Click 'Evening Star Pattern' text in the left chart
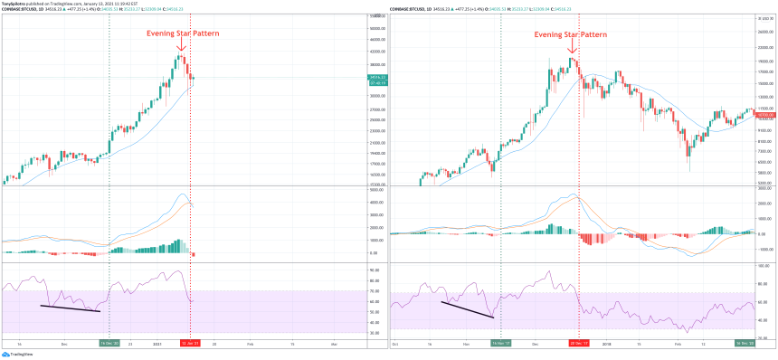(182, 33)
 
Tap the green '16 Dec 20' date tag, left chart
(109, 344)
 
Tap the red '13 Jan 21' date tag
(190, 344)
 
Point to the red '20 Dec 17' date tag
(578, 344)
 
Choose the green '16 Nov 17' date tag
(500, 344)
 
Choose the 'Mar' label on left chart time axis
(334, 344)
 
